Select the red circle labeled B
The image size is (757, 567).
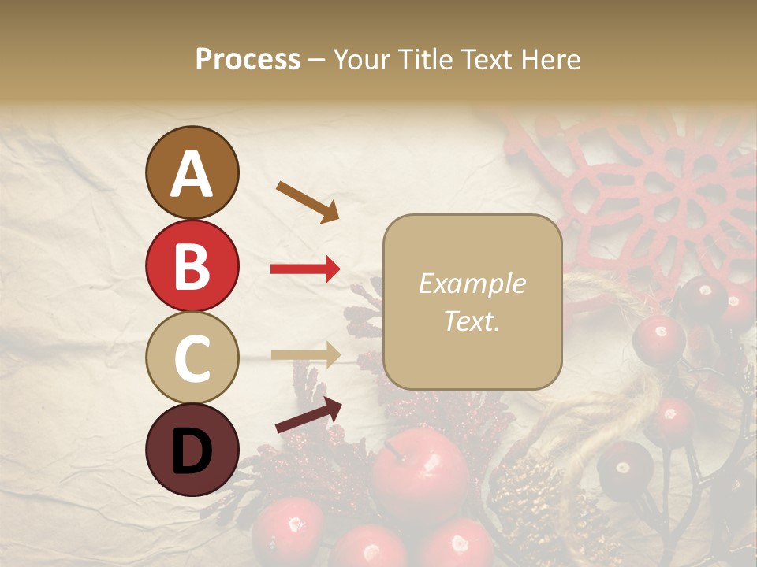click(x=192, y=265)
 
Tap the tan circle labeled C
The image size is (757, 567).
click(x=192, y=358)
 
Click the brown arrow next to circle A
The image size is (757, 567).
click(x=308, y=201)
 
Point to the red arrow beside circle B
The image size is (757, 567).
click(x=305, y=269)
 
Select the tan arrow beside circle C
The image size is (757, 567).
click(x=305, y=355)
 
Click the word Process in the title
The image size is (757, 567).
click(x=248, y=60)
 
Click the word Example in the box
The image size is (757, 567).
click(x=472, y=284)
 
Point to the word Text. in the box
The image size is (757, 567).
click(x=472, y=321)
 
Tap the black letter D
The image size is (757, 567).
click(x=192, y=450)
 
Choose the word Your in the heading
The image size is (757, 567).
click(x=360, y=60)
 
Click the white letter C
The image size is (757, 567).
click(x=192, y=358)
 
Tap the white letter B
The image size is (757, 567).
click(x=192, y=266)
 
